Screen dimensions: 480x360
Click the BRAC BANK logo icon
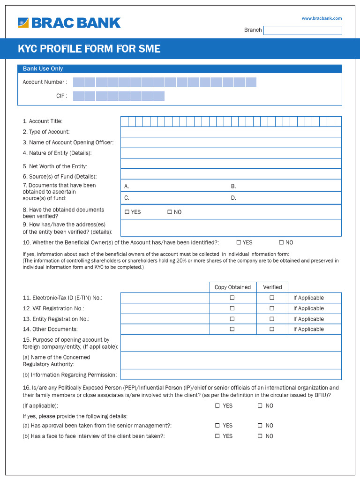[23, 23]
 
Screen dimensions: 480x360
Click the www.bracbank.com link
[322, 18]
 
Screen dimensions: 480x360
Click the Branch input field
[302, 30]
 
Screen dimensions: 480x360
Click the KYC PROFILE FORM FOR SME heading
[89, 49]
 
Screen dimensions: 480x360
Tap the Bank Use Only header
[43, 69]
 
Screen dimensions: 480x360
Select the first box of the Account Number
[78, 82]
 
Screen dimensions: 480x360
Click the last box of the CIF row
[159, 96]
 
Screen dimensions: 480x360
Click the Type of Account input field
[231, 132]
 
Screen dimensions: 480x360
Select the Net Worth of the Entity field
[231, 164]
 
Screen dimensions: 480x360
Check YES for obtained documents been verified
[127, 212]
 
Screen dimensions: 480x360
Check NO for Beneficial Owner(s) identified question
[281, 242]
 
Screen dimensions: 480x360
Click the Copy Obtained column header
[232, 287]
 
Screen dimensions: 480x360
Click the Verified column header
[272, 287]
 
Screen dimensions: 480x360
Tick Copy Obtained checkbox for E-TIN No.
[232, 298]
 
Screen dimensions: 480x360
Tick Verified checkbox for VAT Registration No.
[271, 308]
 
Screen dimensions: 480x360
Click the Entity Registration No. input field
[165, 319]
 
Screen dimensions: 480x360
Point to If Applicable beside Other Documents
[308, 330]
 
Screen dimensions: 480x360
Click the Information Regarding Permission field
[231, 375]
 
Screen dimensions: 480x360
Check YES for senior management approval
[217, 426]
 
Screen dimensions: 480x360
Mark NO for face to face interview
[260, 436]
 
